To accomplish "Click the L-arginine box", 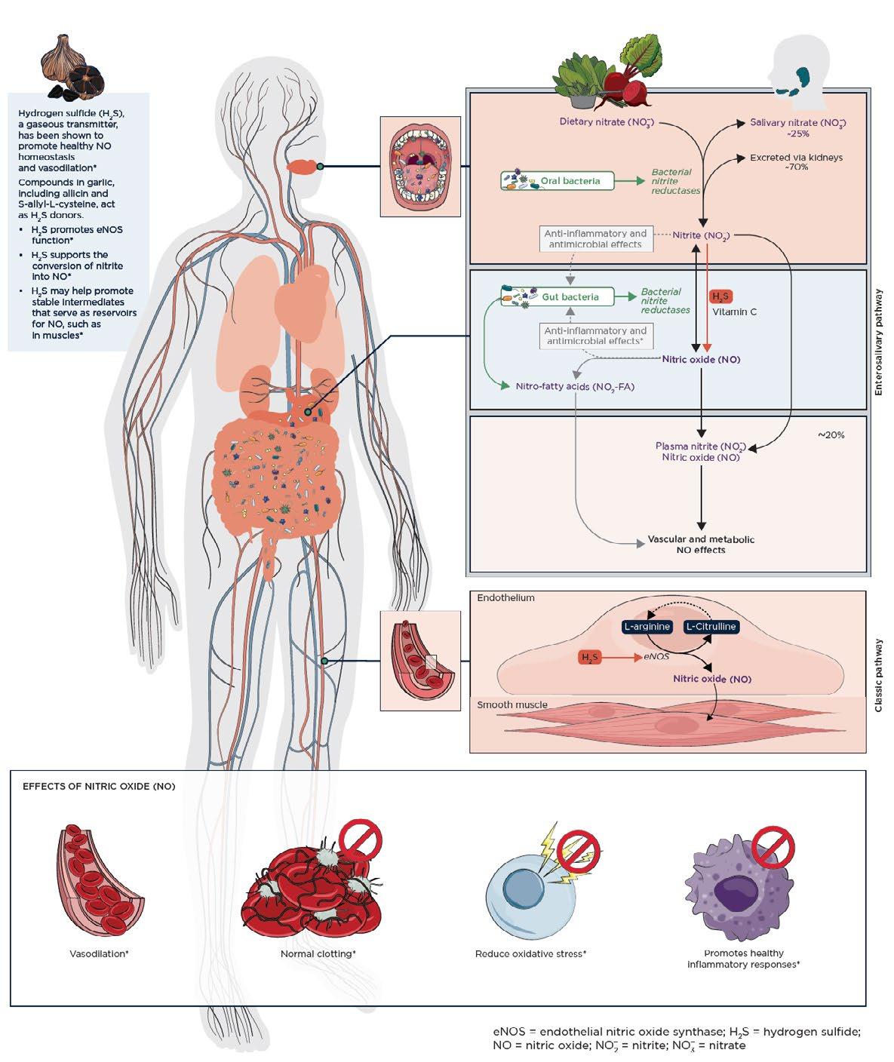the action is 647,627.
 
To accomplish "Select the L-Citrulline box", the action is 711,627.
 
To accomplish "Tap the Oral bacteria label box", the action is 558,181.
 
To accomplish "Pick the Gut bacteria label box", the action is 558,296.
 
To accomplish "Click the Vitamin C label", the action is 734,312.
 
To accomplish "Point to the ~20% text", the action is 831,435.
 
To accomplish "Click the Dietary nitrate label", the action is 607,122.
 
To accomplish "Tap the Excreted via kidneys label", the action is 797,161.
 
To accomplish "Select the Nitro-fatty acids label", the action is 575,386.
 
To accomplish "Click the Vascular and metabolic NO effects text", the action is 701,545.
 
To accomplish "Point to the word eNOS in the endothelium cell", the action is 656,657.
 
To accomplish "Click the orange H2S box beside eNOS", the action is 589,658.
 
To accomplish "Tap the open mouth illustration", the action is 420,167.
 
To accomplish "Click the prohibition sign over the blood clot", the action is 361,839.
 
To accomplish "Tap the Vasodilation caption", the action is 99,953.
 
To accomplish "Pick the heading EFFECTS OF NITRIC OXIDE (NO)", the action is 99,786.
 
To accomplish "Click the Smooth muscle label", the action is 512,704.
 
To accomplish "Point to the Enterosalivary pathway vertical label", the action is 878,342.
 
